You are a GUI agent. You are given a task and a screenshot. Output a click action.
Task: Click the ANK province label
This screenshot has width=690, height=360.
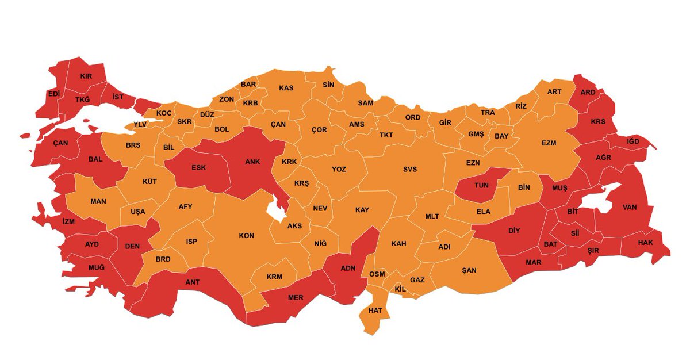(x=252, y=162)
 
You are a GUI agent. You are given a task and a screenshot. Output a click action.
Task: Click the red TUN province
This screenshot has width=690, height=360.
(x=480, y=185)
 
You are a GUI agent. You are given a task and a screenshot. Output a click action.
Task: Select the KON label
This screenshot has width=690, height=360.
(x=246, y=236)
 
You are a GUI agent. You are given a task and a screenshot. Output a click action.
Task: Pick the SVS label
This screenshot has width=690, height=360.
(x=409, y=169)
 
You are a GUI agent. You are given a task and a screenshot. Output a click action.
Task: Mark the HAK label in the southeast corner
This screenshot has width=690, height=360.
(x=646, y=243)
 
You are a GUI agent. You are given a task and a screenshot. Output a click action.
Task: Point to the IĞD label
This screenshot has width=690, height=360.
(x=632, y=141)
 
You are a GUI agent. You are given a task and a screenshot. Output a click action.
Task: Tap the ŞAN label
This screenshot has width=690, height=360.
(x=469, y=271)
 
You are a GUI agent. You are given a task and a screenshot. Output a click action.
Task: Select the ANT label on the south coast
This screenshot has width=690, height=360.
(x=192, y=282)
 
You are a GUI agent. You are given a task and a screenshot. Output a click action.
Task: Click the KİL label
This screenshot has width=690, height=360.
(x=400, y=289)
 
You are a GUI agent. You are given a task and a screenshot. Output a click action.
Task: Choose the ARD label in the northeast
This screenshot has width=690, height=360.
(x=588, y=92)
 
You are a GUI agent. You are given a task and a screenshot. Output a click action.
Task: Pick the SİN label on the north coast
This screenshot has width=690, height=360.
(x=328, y=85)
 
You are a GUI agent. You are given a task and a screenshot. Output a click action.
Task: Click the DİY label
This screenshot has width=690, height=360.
(x=514, y=232)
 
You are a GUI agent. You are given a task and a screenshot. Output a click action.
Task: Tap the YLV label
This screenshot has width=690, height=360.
(x=140, y=124)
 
